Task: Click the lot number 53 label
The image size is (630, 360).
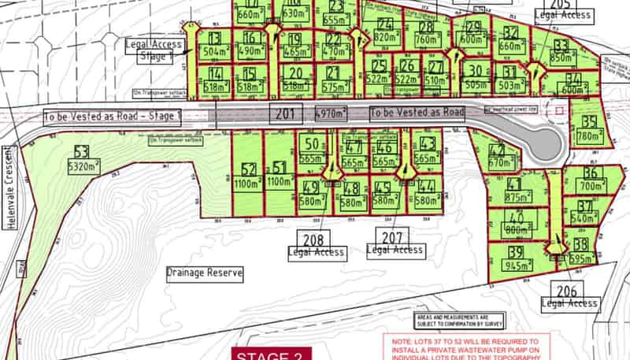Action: point(80,151)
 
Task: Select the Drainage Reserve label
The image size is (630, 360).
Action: point(204,274)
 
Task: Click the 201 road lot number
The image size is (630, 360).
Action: point(284,113)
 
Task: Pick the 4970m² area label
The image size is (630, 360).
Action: point(333,113)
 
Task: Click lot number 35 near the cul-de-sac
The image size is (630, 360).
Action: point(590,123)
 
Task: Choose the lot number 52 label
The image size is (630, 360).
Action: point(250,169)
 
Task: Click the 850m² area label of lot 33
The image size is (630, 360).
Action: point(561,58)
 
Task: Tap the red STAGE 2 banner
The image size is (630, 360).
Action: point(271,354)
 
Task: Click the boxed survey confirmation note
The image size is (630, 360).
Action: point(459,320)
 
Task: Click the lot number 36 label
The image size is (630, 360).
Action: point(592,173)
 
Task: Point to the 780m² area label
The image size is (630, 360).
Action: point(590,136)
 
